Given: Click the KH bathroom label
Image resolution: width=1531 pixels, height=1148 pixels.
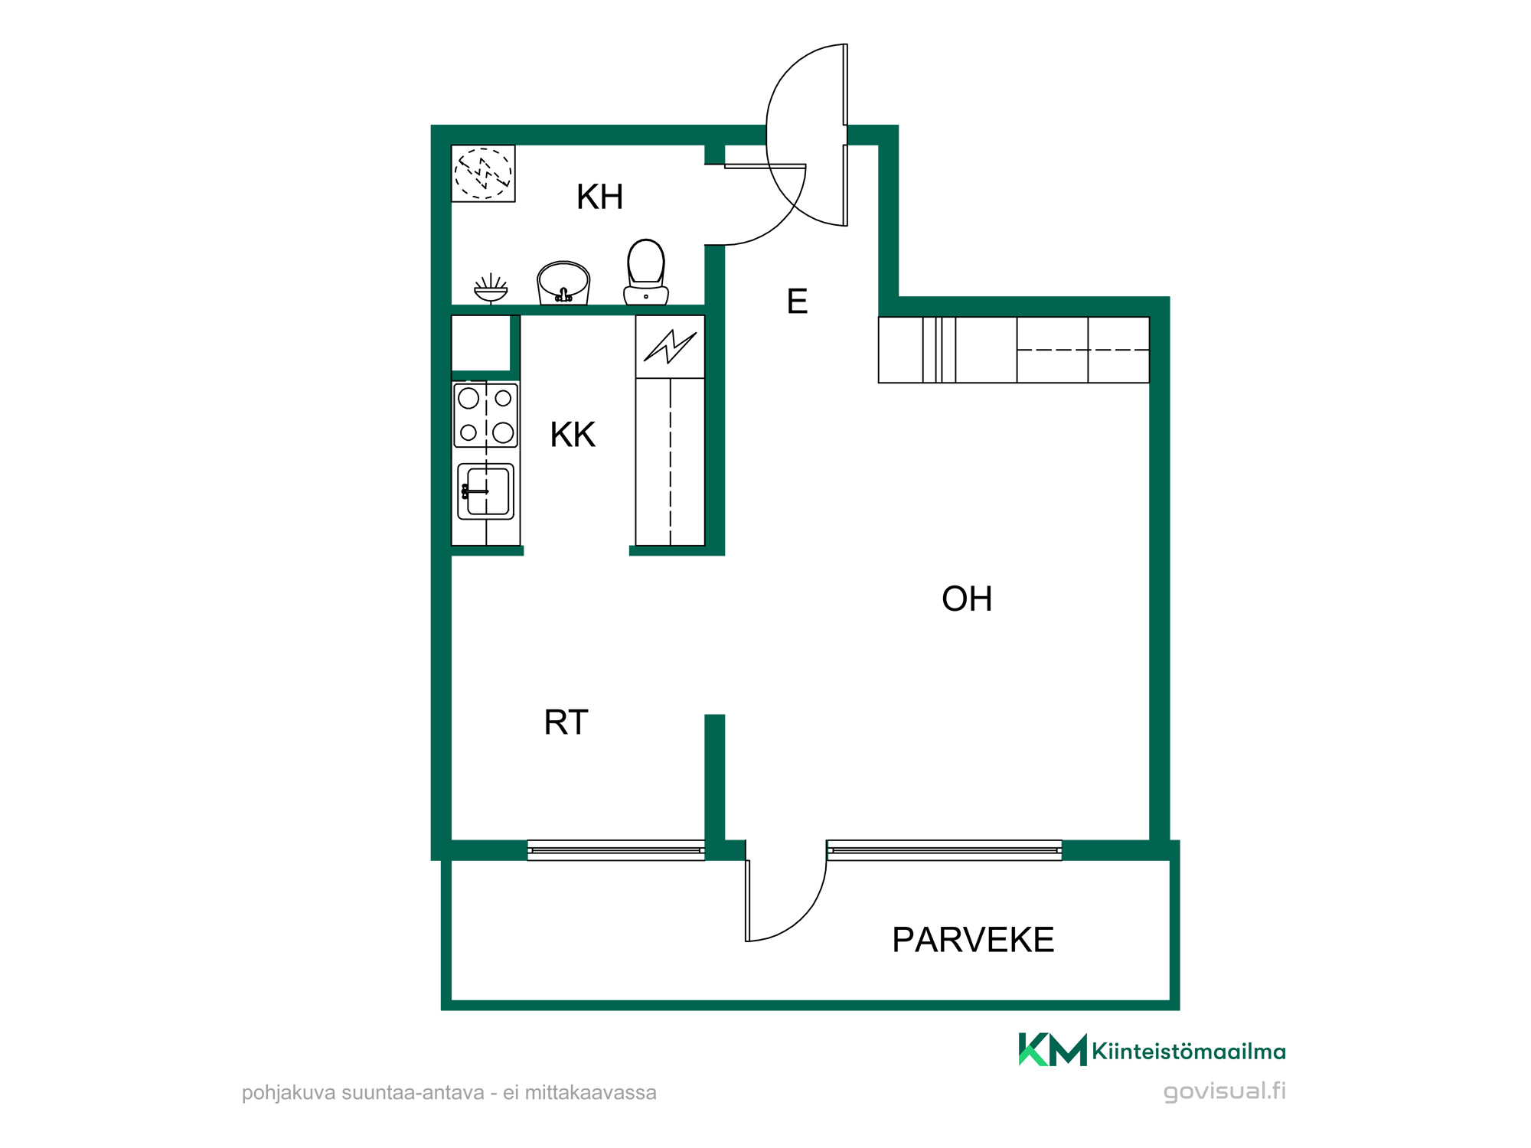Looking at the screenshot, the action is click(599, 197).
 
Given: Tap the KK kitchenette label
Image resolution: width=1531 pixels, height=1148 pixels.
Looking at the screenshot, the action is click(573, 435).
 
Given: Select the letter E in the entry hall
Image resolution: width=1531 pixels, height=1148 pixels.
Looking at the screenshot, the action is click(797, 302).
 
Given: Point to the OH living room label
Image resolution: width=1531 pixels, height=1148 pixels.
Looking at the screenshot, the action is click(967, 598).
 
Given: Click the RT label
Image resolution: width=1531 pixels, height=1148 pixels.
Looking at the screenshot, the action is click(566, 722).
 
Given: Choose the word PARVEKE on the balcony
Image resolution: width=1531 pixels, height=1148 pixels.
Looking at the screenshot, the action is click(973, 940).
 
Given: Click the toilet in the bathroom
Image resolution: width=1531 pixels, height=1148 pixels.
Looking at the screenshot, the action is click(646, 272).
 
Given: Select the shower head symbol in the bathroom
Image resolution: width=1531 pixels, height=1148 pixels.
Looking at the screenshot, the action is click(491, 289).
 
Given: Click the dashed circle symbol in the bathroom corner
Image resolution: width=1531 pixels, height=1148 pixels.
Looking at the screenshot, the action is click(483, 173).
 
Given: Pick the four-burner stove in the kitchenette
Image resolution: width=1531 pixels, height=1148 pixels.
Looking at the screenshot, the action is click(486, 416).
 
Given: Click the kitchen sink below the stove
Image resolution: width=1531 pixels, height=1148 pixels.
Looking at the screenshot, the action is click(486, 491).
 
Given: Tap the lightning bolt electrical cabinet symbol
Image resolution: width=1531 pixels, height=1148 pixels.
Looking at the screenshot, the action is click(670, 347).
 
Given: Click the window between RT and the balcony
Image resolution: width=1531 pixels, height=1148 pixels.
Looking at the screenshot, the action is click(616, 850).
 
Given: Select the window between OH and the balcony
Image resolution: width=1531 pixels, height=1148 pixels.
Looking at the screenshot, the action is click(944, 850).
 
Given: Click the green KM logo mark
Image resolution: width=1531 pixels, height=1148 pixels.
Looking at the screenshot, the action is click(1053, 1049).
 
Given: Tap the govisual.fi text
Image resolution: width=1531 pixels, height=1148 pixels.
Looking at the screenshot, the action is click(1225, 1091).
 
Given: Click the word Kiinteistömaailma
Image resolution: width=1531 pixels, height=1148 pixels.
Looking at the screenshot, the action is click(1189, 1051).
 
